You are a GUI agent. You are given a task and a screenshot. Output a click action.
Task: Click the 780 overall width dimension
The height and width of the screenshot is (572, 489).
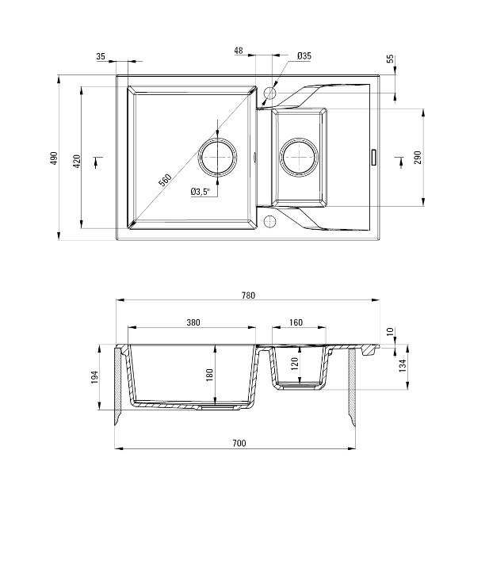[x=248, y=296]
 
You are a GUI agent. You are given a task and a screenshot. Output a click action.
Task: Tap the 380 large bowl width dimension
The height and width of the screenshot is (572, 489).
[x=193, y=322]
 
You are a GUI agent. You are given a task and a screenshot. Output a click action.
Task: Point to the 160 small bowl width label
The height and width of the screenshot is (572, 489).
[x=296, y=322]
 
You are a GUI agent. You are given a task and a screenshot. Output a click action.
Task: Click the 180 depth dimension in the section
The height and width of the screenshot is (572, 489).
[x=210, y=374]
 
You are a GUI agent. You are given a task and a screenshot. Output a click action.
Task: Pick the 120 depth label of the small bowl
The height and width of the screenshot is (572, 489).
[x=295, y=365]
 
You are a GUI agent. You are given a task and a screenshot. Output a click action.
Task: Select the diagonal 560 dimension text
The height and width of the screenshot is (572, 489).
[x=165, y=180]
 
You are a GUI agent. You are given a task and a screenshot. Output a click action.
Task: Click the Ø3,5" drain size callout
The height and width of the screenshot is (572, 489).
[x=200, y=192]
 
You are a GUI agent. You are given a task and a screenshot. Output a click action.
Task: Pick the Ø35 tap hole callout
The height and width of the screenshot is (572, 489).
[x=304, y=55]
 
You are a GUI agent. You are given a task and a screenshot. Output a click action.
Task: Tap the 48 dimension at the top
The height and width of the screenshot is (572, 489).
[x=239, y=51]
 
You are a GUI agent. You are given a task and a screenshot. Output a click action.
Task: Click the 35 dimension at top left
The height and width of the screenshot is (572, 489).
[x=101, y=56]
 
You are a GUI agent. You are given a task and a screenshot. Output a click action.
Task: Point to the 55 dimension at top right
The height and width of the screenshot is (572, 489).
[x=390, y=59]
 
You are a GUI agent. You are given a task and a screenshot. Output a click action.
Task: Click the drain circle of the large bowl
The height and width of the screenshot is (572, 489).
[x=218, y=156]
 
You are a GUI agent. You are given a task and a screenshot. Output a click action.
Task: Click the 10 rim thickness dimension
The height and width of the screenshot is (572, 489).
[x=389, y=331]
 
